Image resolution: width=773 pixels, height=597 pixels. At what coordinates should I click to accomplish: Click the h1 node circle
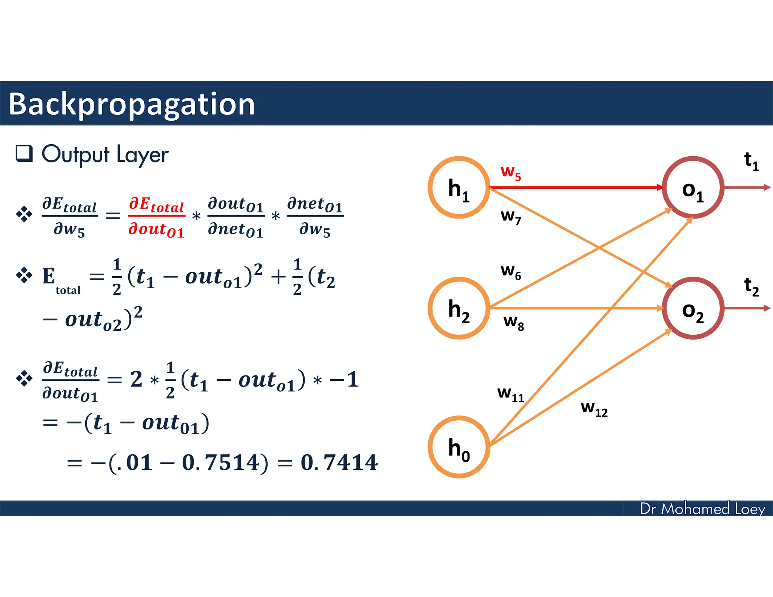[x=459, y=188]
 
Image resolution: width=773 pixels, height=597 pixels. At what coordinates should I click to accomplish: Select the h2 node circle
[x=459, y=308]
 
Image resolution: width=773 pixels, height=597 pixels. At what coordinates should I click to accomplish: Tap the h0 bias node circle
[x=459, y=447]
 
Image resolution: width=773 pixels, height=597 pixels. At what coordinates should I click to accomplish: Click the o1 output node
[x=693, y=188]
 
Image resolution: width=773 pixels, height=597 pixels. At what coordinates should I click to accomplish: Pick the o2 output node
[x=693, y=308]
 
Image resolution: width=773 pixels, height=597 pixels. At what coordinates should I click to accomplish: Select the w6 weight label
[x=511, y=272]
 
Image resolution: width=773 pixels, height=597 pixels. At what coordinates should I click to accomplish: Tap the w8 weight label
[x=514, y=322]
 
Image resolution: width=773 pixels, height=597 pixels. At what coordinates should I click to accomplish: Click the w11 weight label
[x=511, y=394]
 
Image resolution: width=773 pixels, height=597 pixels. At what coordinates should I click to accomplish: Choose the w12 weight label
[x=594, y=408]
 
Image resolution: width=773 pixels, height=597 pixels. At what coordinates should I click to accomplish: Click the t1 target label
[x=751, y=161]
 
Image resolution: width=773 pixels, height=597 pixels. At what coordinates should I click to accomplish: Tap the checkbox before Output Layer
[x=24, y=154]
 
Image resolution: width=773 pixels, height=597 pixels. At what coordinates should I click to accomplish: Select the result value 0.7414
[x=339, y=462]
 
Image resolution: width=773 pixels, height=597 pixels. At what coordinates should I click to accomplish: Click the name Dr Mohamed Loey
[x=702, y=509]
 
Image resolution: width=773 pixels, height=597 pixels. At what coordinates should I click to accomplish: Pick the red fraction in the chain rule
[x=156, y=217]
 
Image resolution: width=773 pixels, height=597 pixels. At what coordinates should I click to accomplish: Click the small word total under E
[x=68, y=290]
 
